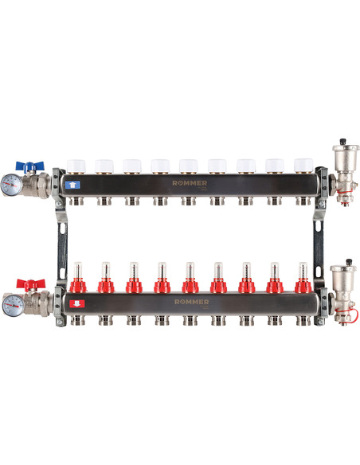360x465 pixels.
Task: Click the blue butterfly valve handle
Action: point(29,166)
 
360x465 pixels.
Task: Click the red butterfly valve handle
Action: point(31,283)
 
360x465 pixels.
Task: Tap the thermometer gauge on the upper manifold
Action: point(11,185)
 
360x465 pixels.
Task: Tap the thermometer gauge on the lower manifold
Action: point(13,305)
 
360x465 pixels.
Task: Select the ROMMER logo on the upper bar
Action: point(190,183)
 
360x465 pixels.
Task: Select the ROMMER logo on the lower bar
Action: point(192,302)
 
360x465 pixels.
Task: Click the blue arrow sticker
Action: point(72,185)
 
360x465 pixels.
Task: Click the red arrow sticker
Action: point(76,303)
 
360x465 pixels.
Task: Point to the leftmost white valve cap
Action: point(76,166)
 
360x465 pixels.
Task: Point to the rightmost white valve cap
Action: point(303,166)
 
